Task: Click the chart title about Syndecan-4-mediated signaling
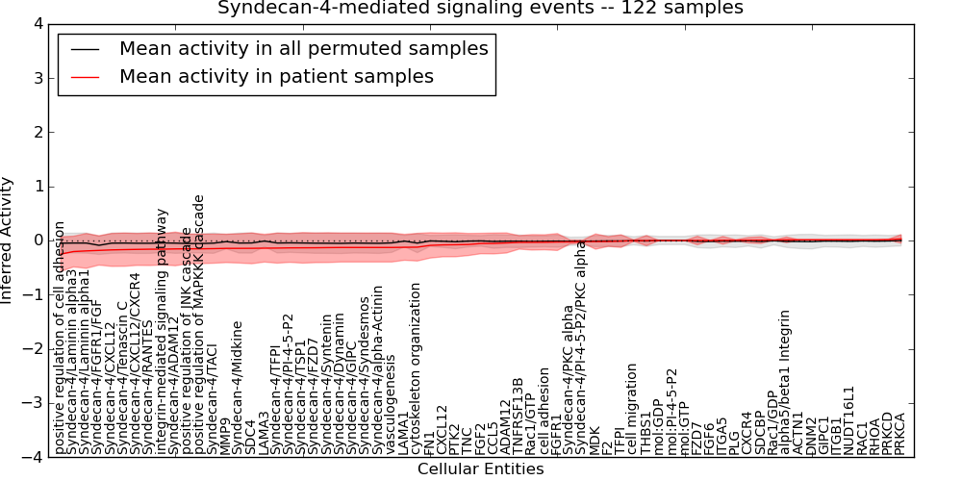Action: pyautogui.click(x=480, y=9)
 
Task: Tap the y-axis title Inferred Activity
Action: pyautogui.click(x=9, y=240)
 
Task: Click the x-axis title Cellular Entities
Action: pyautogui.click(x=480, y=469)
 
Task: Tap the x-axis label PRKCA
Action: pyautogui.click(x=900, y=433)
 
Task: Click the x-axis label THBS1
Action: pyautogui.click(x=646, y=433)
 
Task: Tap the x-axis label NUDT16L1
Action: pyautogui.click(x=848, y=419)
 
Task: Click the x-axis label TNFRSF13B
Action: pyautogui.click(x=518, y=415)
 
